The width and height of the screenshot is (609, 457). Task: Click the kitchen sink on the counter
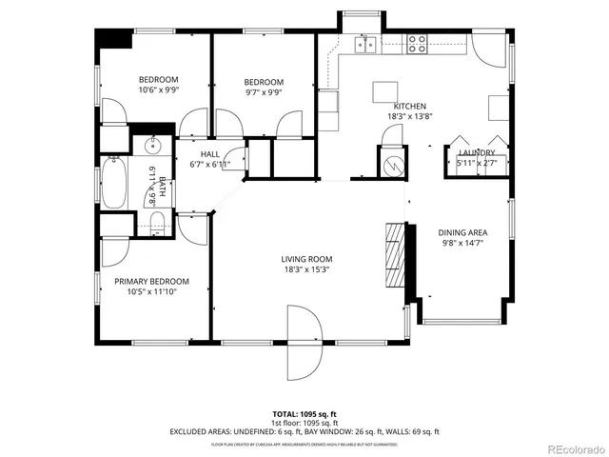[x=364, y=43]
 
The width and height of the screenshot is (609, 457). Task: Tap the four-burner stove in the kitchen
[x=417, y=43]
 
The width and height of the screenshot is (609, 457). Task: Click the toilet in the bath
[x=157, y=225]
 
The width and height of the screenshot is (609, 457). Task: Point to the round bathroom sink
[x=151, y=146]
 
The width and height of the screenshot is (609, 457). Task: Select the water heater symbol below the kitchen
[x=391, y=163]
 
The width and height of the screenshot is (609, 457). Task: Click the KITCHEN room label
[x=410, y=107]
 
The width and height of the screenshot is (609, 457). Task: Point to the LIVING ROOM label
[x=305, y=259]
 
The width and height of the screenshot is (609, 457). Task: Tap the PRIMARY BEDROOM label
[x=151, y=281]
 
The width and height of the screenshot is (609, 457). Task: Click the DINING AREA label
[x=462, y=232]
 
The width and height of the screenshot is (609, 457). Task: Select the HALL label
[x=210, y=154]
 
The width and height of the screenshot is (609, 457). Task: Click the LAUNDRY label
[x=477, y=152]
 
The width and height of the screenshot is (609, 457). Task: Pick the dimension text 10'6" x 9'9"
[x=158, y=90]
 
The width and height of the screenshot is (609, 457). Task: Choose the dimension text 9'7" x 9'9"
[x=263, y=93]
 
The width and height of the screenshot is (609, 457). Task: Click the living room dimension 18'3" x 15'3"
[x=305, y=269]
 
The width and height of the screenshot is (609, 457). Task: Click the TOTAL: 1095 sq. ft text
[x=304, y=414]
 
